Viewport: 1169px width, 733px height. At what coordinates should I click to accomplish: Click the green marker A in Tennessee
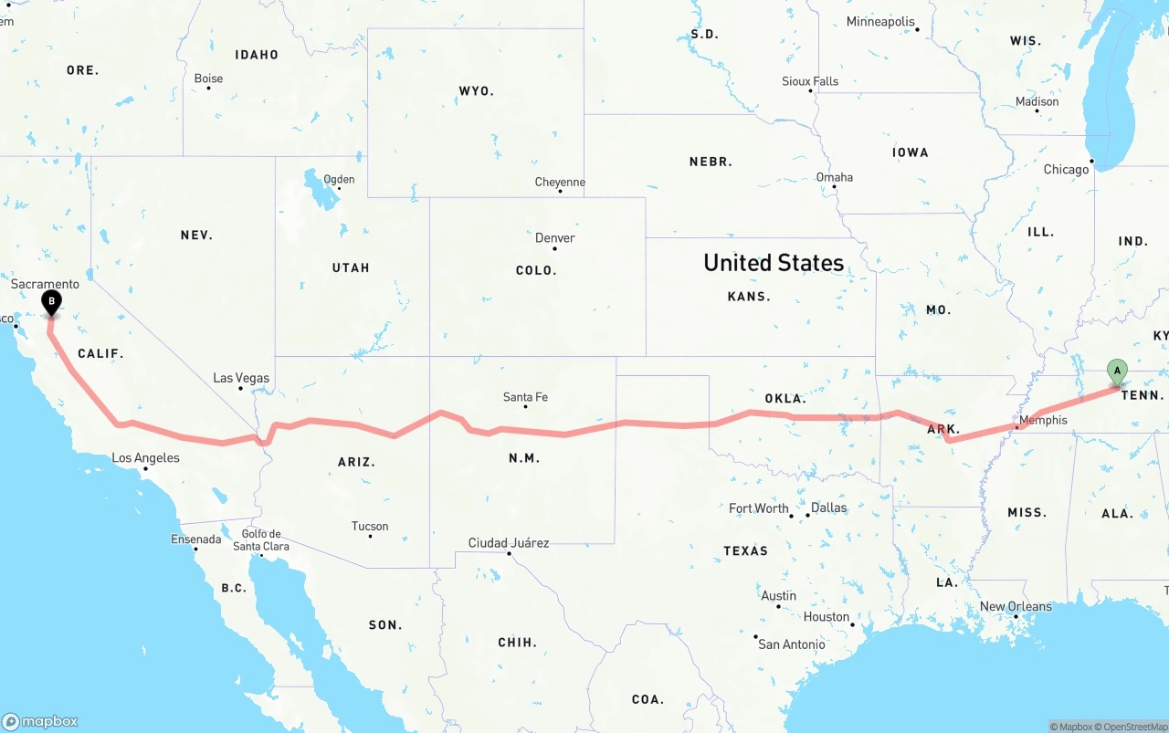coord(1116,371)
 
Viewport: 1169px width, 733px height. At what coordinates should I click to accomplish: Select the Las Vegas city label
coord(241,378)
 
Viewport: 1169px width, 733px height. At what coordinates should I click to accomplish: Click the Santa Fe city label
coord(525,397)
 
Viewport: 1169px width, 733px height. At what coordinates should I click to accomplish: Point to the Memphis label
coord(1042,421)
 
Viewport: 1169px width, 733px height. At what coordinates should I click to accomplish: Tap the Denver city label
coord(555,238)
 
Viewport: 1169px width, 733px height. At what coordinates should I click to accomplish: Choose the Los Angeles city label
coord(145,458)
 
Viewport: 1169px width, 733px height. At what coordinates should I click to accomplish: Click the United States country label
coord(773,263)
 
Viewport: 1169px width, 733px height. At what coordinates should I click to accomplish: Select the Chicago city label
coord(1066,170)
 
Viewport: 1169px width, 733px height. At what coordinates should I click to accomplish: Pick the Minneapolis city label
coord(880,22)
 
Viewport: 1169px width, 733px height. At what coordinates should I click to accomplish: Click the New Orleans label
coord(1016,607)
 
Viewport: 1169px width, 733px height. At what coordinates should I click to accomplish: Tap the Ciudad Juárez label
coord(509,543)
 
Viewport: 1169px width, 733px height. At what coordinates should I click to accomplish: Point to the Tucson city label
coord(370,527)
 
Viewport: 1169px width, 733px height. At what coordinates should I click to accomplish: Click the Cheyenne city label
coord(560,183)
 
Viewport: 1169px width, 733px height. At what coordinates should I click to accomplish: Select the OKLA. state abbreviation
coord(785,399)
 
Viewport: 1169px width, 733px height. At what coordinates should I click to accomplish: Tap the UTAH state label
coord(351,268)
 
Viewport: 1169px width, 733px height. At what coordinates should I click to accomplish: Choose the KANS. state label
coord(749,297)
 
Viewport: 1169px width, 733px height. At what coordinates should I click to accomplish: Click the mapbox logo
coord(40,721)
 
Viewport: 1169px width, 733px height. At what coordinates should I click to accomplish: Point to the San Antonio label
coord(791,644)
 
